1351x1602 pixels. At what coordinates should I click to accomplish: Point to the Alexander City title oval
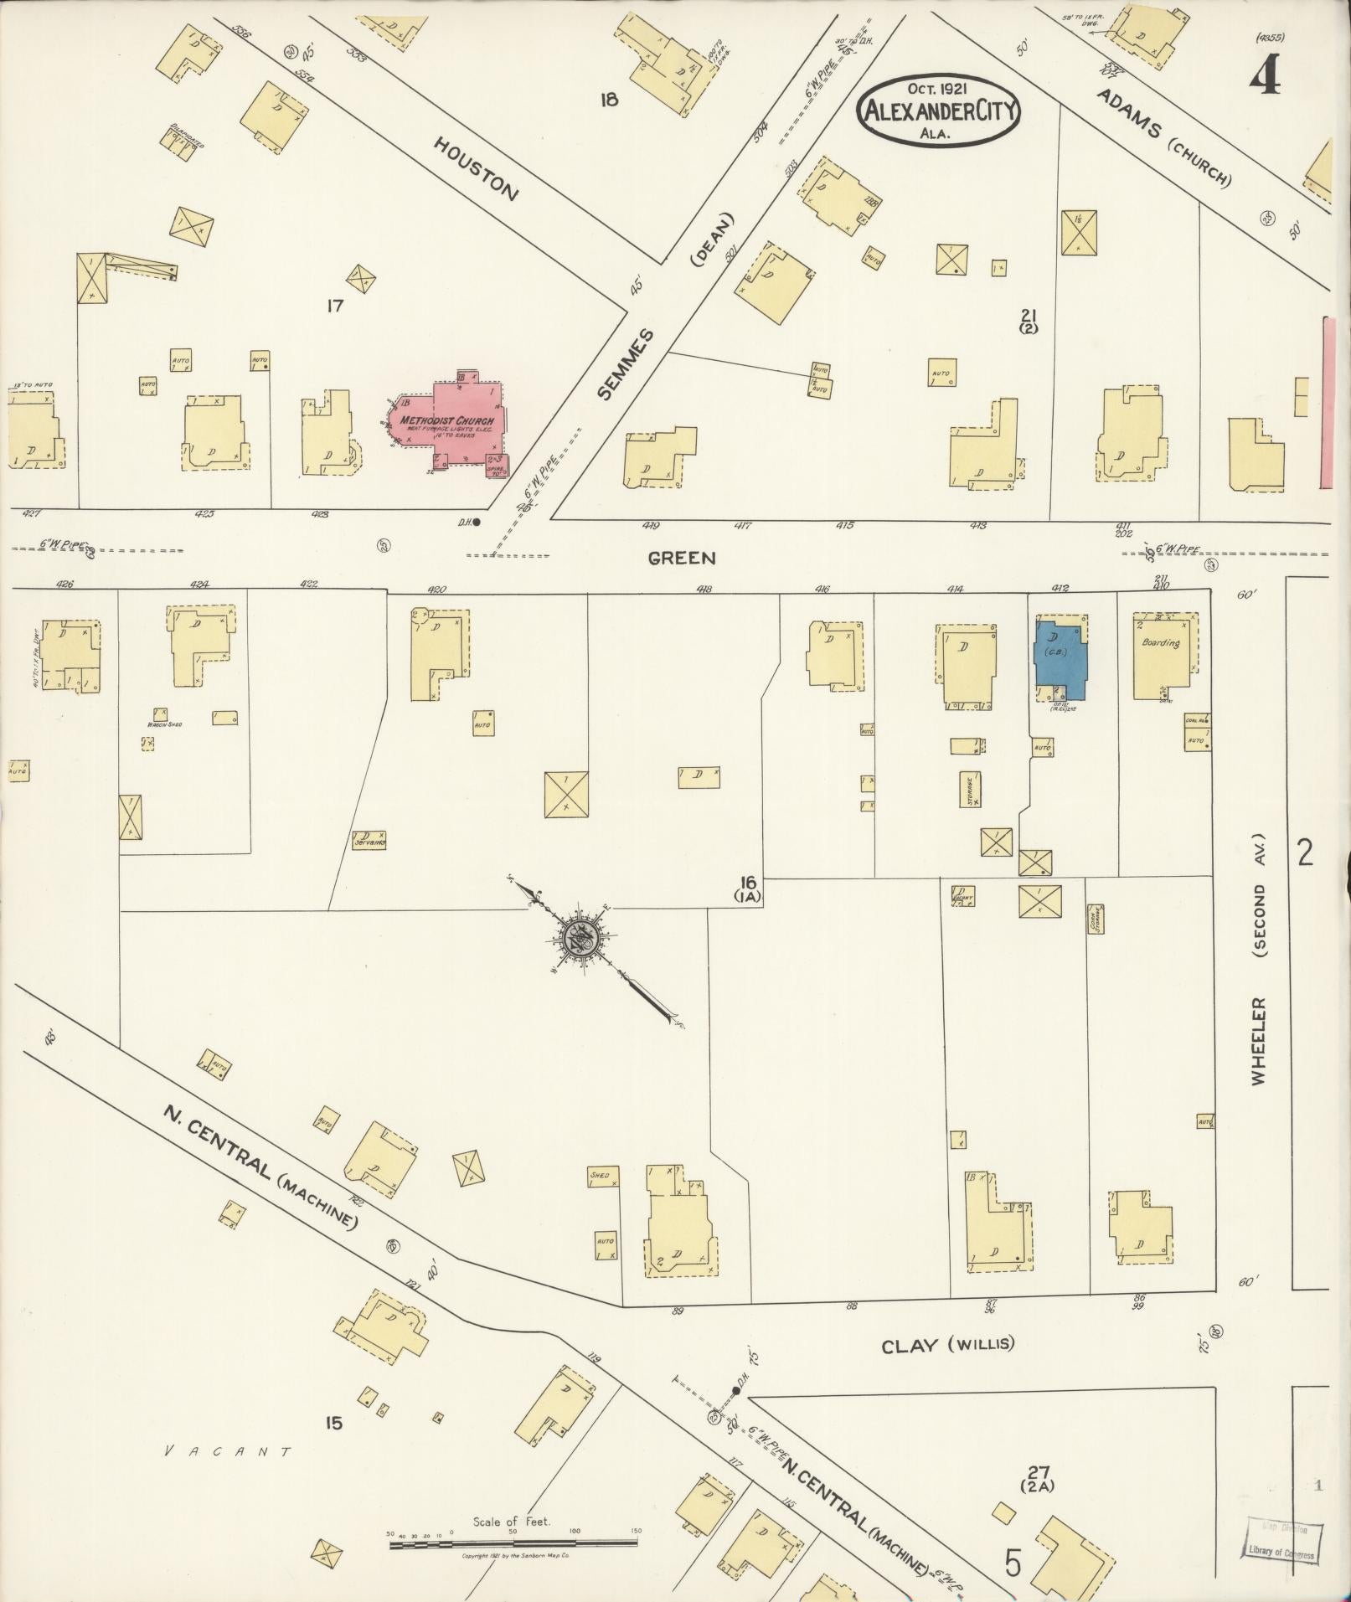938,111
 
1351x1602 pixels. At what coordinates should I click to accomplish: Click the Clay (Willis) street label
947,1346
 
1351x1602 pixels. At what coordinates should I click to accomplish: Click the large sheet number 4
1265,77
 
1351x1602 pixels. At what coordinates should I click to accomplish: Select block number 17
335,306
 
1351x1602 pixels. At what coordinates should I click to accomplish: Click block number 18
609,100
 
